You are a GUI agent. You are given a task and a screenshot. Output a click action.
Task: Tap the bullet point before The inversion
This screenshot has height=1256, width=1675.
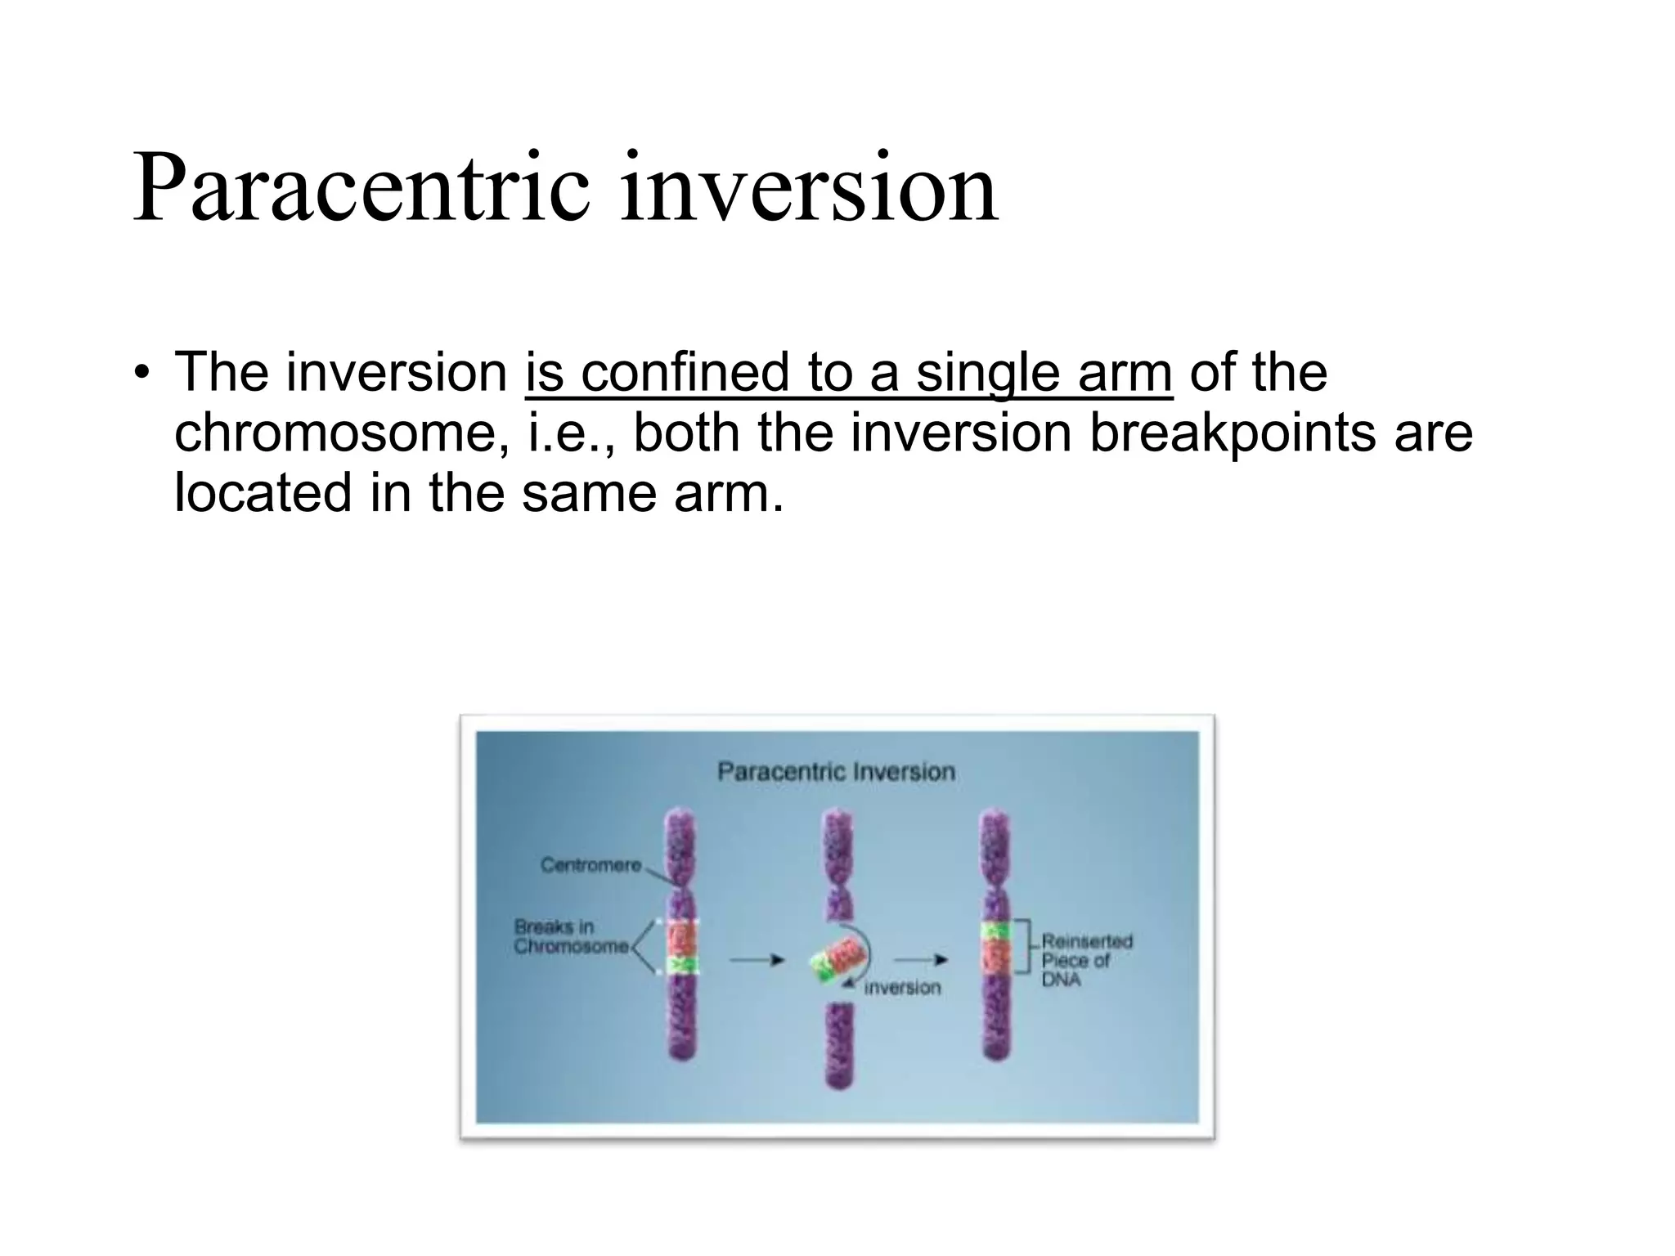[142, 374]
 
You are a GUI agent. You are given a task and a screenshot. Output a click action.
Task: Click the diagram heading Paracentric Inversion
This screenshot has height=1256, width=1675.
[836, 771]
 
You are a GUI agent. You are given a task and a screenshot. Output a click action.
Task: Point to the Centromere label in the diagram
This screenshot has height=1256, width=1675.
[591, 864]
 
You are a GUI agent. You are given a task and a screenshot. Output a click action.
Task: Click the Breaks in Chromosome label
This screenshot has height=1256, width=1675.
[571, 936]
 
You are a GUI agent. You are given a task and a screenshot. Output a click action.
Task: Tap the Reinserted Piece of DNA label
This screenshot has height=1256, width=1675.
[1086, 961]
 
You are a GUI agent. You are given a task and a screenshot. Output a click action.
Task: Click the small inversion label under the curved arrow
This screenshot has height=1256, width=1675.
[902, 988]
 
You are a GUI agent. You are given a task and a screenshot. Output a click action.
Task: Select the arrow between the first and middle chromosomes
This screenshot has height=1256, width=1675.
[757, 960]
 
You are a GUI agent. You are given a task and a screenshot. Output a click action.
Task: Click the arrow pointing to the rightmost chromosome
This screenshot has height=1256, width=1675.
[920, 959]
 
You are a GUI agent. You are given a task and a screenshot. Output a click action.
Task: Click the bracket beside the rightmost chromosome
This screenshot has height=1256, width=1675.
[1023, 946]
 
